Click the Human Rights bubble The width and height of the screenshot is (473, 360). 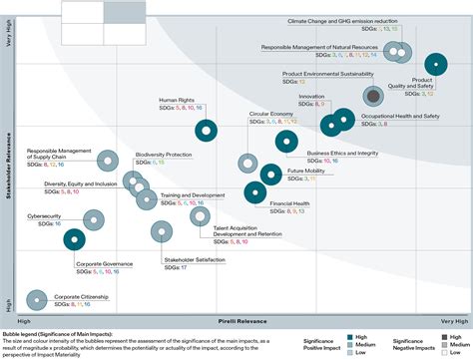[206, 129]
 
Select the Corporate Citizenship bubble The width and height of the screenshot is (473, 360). [37, 298]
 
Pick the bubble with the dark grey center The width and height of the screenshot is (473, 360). [373, 96]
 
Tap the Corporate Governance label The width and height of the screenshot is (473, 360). [105, 264]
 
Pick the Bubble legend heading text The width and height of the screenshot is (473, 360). [58, 332]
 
